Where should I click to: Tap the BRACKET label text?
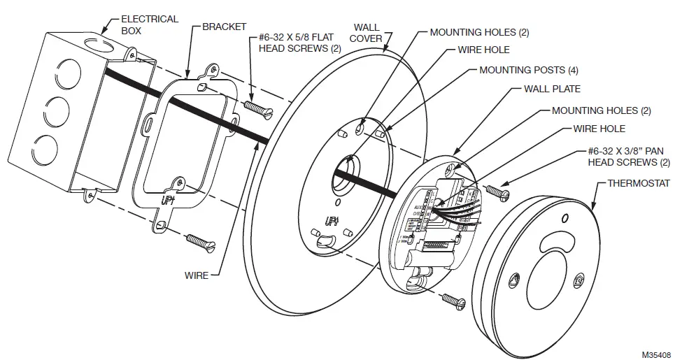[x=224, y=27]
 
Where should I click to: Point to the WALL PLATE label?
[x=552, y=89]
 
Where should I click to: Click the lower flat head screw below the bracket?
[x=201, y=243]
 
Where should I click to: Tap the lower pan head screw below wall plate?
[x=453, y=301]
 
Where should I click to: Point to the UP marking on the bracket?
[x=169, y=200]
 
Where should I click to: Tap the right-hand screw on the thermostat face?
[x=578, y=280]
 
